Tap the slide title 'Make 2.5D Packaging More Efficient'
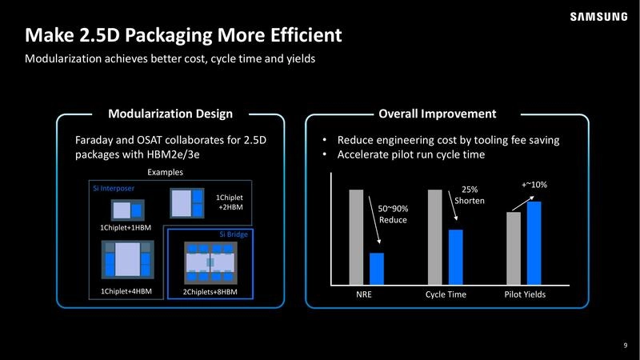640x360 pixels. tap(184, 35)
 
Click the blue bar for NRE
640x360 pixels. tap(377, 269)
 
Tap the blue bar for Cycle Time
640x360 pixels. tap(455, 257)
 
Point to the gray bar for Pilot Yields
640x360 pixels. tap(514, 248)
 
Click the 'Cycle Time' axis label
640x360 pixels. tap(446, 295)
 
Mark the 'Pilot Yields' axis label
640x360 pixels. tap(525, 295)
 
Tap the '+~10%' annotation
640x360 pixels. tap(534, 185)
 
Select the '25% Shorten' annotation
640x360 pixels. tap(470, 195)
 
